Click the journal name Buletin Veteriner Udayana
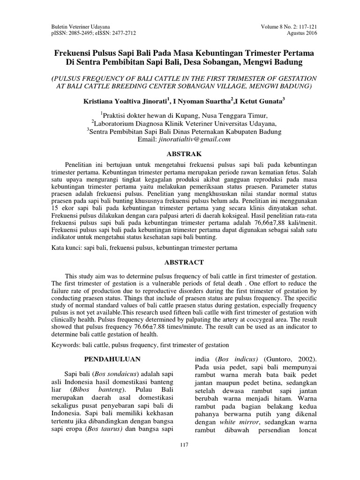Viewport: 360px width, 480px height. point(78,27)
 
